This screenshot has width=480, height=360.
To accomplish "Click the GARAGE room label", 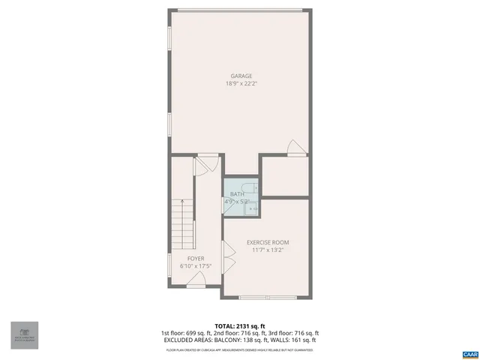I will [241, 76].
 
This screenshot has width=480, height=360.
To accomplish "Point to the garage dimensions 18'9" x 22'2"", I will [241, 84].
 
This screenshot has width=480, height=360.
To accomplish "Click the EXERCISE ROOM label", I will [268, 242].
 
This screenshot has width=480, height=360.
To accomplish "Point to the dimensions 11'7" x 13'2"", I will [268, 250].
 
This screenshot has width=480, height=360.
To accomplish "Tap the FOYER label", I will [196, 259].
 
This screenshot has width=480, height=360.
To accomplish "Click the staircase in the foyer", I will [182, 226].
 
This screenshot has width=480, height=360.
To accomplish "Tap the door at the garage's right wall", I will [298, 147].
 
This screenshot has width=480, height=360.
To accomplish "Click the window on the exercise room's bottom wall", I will [266, 298].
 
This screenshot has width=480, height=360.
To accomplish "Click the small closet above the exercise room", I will [284, 177].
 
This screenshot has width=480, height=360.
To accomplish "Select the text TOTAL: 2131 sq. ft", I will [240, 326].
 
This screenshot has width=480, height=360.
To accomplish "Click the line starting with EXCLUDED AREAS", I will [240, 340].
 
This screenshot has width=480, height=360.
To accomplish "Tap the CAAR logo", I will [469, 352].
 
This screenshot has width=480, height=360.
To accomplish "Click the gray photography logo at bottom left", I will [24, 335].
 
